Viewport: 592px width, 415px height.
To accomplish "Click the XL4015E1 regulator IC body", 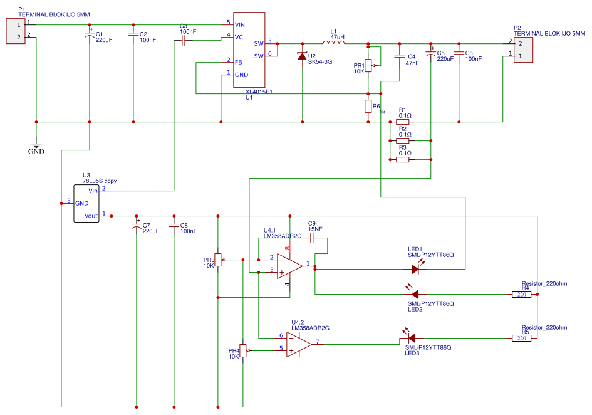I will [x=249, y=50].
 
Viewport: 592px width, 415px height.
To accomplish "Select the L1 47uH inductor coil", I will [x=333, y=43].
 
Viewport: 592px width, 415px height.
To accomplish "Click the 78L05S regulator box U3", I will [x=87, y=203].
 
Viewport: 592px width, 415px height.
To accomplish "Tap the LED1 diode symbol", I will [x=415, y=269].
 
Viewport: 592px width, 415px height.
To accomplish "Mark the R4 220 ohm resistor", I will [x=521, y=293].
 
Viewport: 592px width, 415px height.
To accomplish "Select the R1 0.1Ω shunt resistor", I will [x=403, y=122].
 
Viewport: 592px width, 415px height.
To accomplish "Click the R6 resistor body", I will [x=368, y=106].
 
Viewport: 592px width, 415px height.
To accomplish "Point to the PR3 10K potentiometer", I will [x=217, y=260].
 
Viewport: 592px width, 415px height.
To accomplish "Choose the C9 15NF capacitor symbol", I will [x=312, y=238].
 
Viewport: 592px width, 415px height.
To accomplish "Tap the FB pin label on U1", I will [x=239, y=62].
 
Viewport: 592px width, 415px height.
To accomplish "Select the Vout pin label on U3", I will [x=92, y=216].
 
